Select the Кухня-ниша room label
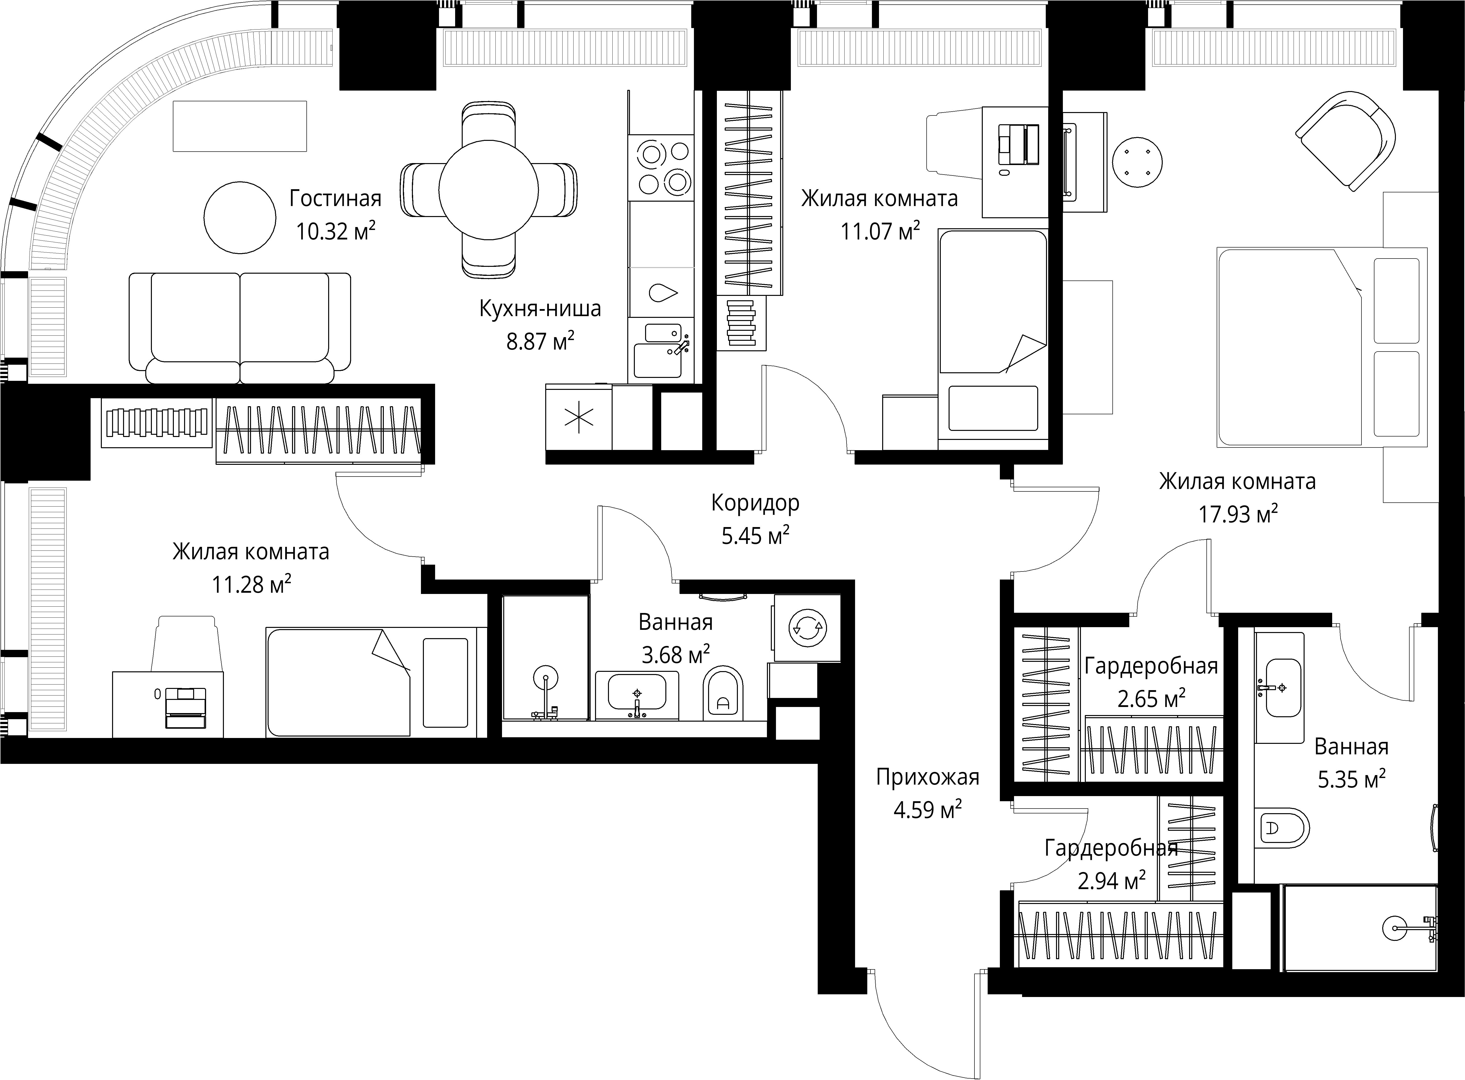[540, 309]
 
